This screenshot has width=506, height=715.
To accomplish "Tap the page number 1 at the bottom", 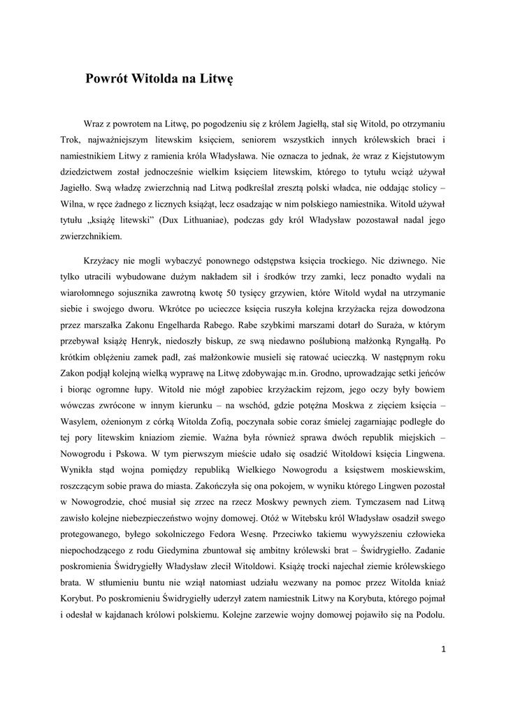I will [x=443, y=649].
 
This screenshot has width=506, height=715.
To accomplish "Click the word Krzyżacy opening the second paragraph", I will [x=105, y=260].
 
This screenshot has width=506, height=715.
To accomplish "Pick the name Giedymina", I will [x=182, y=552].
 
